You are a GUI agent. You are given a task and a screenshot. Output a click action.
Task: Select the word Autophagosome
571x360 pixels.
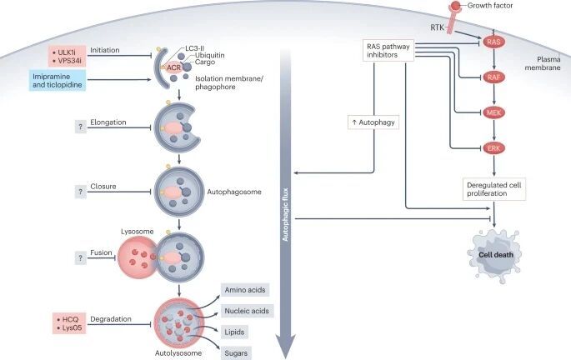[x=239, y=192]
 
